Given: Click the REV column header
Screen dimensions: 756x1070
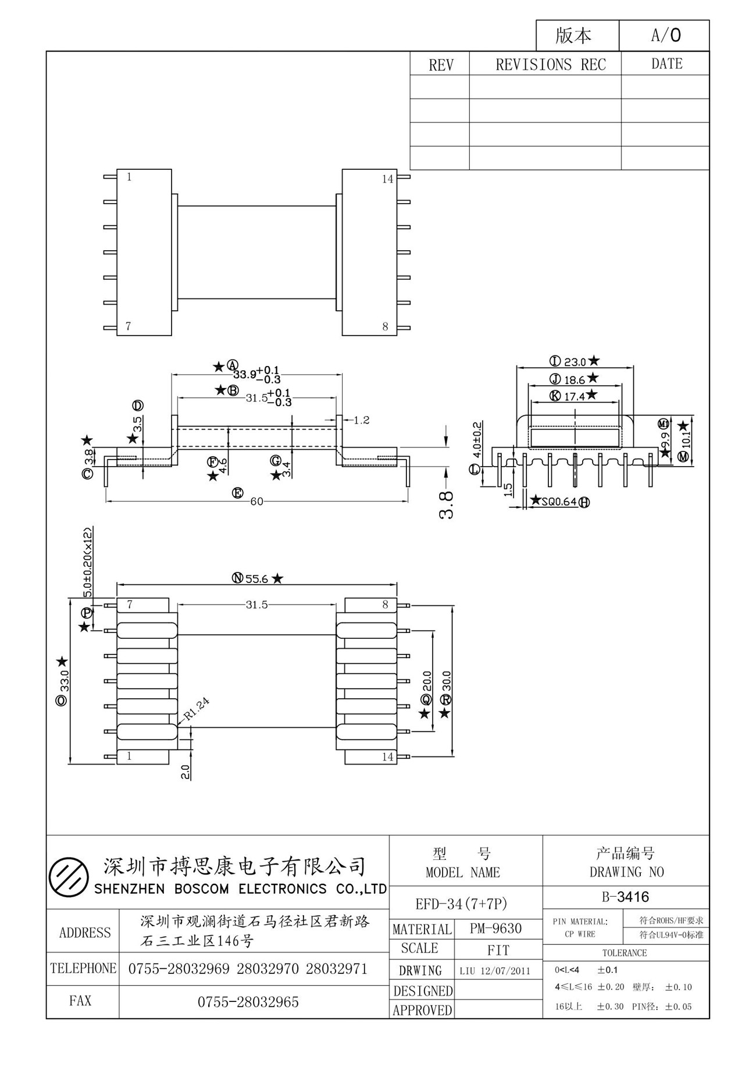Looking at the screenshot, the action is tap(440, 65).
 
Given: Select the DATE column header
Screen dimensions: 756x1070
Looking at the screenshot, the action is tap(666, 64).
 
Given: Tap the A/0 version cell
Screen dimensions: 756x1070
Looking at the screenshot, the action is tap(665, 35).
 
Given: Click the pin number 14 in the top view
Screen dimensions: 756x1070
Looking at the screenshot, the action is tap(387, 179).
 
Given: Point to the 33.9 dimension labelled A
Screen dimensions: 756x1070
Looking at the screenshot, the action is tap(245, 374).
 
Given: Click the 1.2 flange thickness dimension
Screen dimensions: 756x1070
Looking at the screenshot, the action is tap(361, 420).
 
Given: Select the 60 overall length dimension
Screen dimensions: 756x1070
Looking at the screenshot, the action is tap(256, 502).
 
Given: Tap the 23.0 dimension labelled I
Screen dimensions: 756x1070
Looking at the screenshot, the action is tap(575, 362).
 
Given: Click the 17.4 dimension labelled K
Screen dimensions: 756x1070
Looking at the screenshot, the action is tap(574, 396).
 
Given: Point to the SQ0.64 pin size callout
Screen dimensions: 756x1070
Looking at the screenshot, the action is tap(559, 502).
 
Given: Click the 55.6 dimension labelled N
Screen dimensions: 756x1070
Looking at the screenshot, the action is tap(256, 578).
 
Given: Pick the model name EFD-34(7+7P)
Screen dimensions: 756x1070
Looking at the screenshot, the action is tap(462, 904).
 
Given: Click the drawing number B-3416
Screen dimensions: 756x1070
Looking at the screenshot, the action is tap(625, 897).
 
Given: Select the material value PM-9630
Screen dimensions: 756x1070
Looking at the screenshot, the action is tap(495, 929).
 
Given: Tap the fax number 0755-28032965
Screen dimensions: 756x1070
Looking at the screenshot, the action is tap(248, 1002).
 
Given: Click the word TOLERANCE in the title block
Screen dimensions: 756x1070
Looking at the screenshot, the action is tap(625, 953).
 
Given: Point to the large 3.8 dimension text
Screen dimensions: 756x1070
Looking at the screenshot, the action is tap(447, 504).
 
